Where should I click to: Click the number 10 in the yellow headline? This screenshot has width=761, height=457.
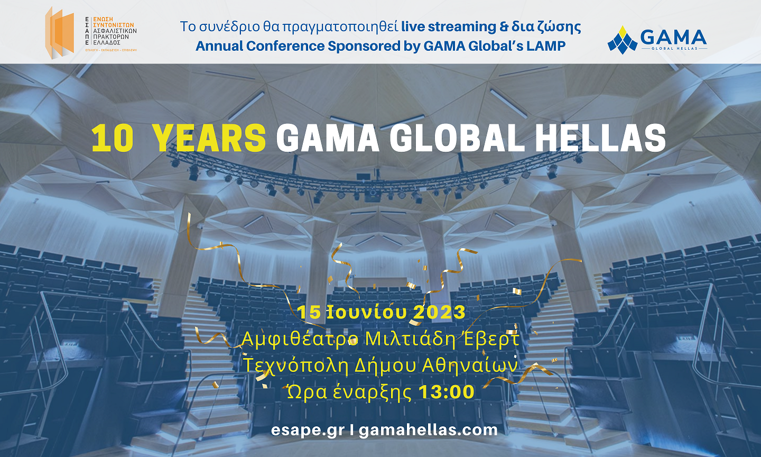point(112,139)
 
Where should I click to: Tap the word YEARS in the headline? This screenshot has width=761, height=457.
point(209,139)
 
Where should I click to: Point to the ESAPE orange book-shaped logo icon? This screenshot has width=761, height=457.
point(59,33)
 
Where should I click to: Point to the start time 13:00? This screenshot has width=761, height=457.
point(447,392)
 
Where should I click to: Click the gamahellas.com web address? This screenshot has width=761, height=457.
point(428,430)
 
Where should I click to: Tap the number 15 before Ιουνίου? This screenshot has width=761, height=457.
point(309,312)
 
